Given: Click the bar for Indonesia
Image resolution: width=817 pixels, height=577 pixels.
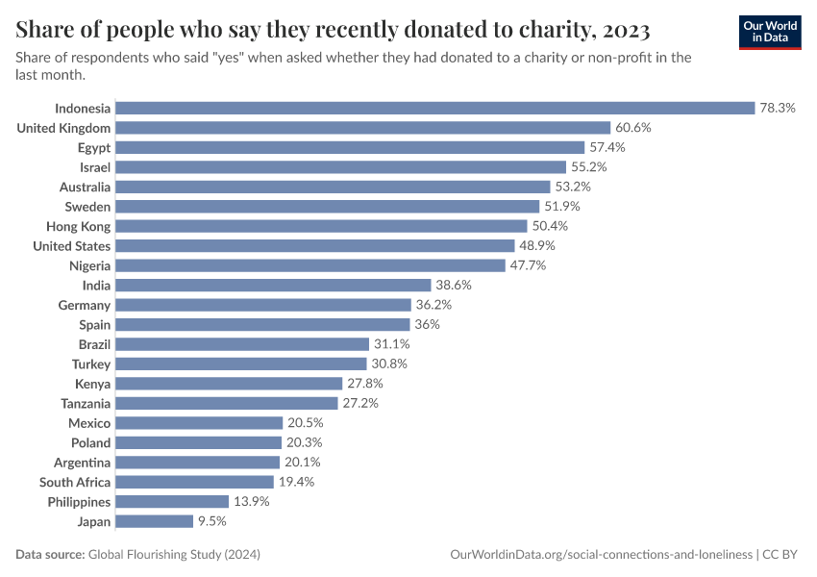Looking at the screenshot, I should [434, 108].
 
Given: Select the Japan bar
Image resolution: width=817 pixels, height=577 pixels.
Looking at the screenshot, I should [154, 521].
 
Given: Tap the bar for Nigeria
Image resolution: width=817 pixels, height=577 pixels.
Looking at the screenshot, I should [309, 265].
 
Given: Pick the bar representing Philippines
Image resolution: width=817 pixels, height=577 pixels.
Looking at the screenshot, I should [172, 502].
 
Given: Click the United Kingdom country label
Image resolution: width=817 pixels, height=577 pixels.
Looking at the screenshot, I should [63, 128].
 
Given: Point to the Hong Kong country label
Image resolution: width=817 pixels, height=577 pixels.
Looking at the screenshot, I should [78, 226].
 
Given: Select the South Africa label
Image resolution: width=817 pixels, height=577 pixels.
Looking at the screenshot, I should [75, 482].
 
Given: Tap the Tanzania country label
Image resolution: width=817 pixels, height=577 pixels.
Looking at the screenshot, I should [86, 403].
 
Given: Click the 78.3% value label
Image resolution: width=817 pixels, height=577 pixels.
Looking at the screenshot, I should [778, 108].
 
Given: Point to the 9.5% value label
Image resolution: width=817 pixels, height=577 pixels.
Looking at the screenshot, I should [212, 521].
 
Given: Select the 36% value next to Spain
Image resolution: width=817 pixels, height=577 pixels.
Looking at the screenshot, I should [427, 324].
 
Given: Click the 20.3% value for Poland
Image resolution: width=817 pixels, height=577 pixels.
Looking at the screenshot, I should [304, 442].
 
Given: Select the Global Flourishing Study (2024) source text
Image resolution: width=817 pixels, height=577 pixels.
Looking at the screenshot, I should [174, 555].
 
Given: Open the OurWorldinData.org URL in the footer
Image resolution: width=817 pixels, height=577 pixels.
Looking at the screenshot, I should [602, 555].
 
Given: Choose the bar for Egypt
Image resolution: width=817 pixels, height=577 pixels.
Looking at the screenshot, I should [350, 147].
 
